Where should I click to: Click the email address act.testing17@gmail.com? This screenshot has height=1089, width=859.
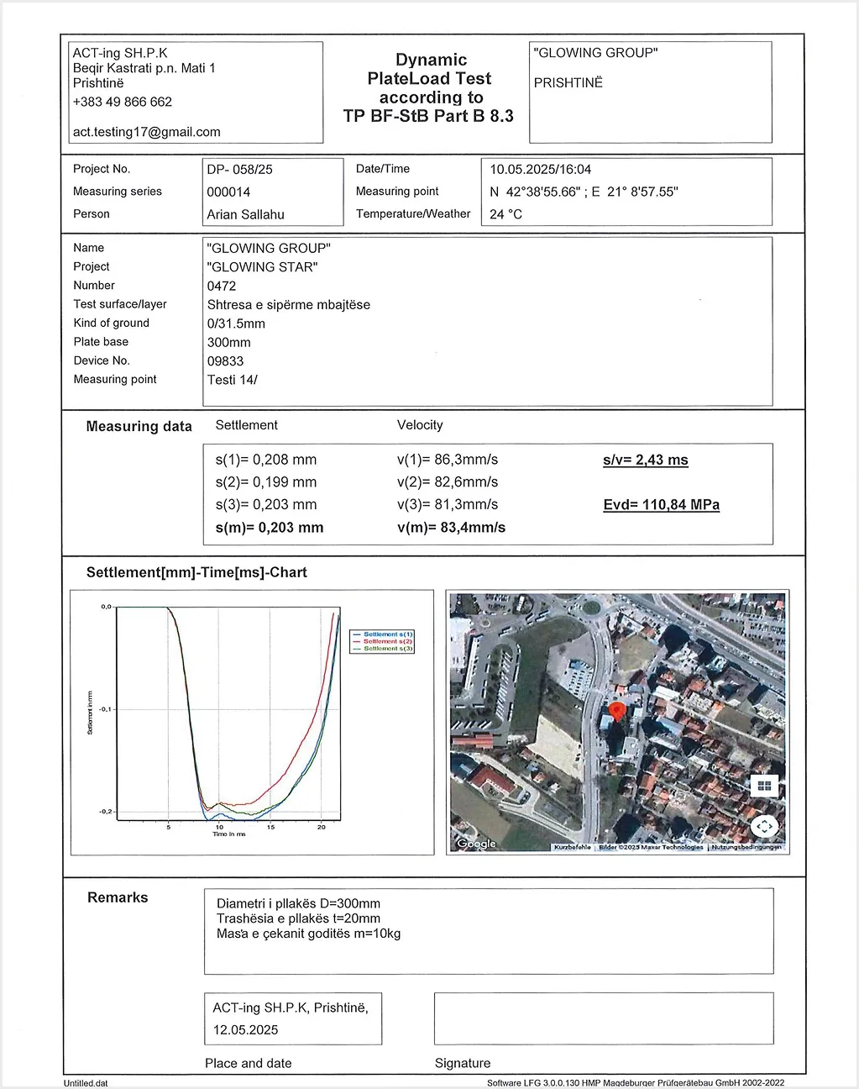[x=147, y=132]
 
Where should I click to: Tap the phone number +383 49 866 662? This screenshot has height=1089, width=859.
[x=123, y=102]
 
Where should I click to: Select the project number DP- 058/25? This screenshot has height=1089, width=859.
[x=240, y=170]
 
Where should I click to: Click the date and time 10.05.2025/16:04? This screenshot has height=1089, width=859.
[x=541, y=170]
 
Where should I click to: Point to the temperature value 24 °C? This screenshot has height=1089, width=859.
[x=506, y=214]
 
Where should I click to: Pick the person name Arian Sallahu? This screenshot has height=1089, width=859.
[x=246, y=214]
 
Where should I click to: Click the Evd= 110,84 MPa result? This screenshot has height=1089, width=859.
[x=662, y=505]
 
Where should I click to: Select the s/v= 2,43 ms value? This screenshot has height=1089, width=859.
[x=646, y=460]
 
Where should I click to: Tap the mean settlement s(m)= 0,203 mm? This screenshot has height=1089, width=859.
[x=270, y=528]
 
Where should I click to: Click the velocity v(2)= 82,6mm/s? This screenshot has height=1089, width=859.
[x=448, y=482]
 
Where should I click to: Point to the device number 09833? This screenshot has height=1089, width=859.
[x=226, y=361]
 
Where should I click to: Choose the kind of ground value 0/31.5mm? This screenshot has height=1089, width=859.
[x=236, y=324]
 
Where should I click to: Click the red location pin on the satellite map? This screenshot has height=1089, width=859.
[x=617, y=713]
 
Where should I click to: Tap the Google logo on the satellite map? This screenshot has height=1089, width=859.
[x=477, y=844]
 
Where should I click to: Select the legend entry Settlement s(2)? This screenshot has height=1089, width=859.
[x=387, y=641]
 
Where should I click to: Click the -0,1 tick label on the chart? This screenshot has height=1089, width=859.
[x=105, y=709]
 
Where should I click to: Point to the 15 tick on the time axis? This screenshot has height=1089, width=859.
[x=270, y=828]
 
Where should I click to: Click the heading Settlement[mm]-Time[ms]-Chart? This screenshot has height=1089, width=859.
[x=196, y=572]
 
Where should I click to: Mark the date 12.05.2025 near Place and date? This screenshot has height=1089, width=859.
[x=245, y=1030]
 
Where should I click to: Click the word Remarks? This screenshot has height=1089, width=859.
[x=118, y=897]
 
